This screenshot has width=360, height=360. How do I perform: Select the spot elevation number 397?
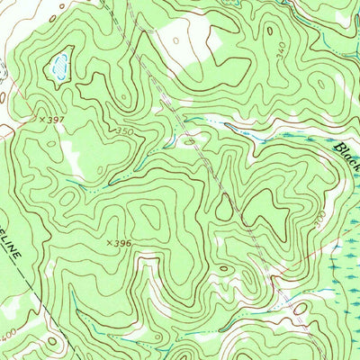(52, 119)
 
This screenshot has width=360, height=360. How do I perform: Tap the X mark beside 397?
(39, 118)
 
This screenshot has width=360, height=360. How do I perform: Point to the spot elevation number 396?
(122, 243)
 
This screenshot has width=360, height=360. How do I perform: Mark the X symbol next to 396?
(109, 242)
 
